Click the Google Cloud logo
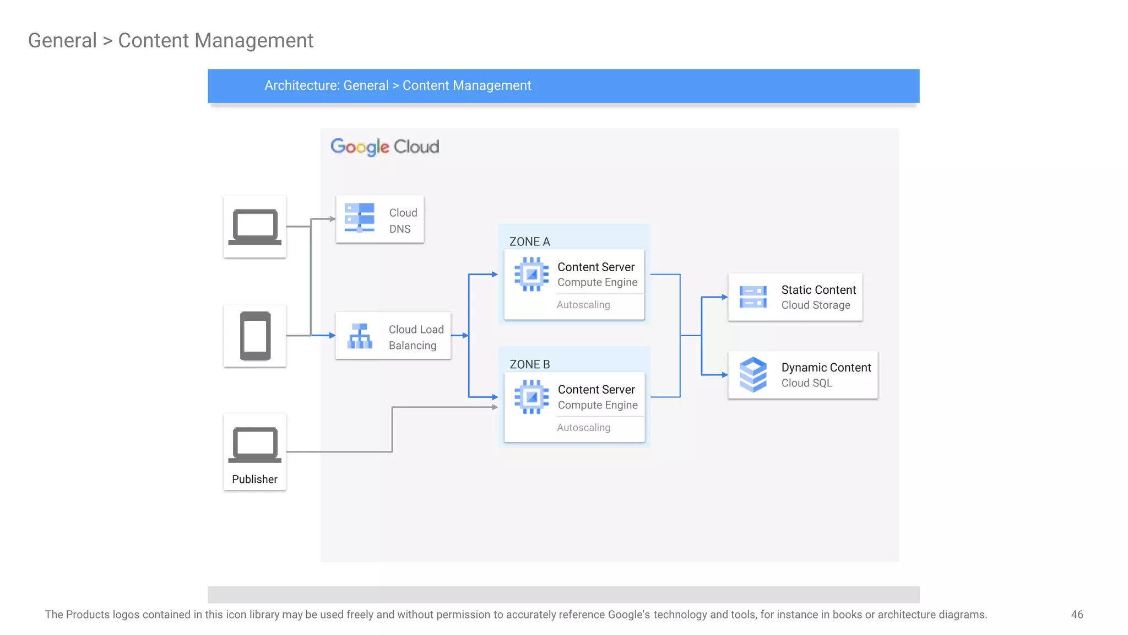(x=384, y=147)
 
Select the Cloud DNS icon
(x=359, y=218)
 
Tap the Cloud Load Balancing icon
(x=360, y=336)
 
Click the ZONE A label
(x=529, y=241)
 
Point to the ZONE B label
(x=529, y=364)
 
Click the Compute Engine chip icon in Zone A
(x=532, y=274)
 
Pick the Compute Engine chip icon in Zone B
(x=532, y=397)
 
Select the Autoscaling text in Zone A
(x=583, y=305)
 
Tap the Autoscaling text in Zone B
(x=583, y=428)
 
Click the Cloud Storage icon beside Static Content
(x=753, y=297)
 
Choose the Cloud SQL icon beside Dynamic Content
(x=753, y=375)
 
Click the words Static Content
(x=818, y=290)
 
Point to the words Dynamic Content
(x=826, y=368)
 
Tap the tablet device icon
(x=255, y=336)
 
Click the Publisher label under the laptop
(x=254, y=479)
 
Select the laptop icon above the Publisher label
(x=254, y=444)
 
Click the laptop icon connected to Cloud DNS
(x=254, y=227)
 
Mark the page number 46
(x=1077, y=615)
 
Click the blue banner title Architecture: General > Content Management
(x=398, y=85)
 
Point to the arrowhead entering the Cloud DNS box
(x=333, y=219)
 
